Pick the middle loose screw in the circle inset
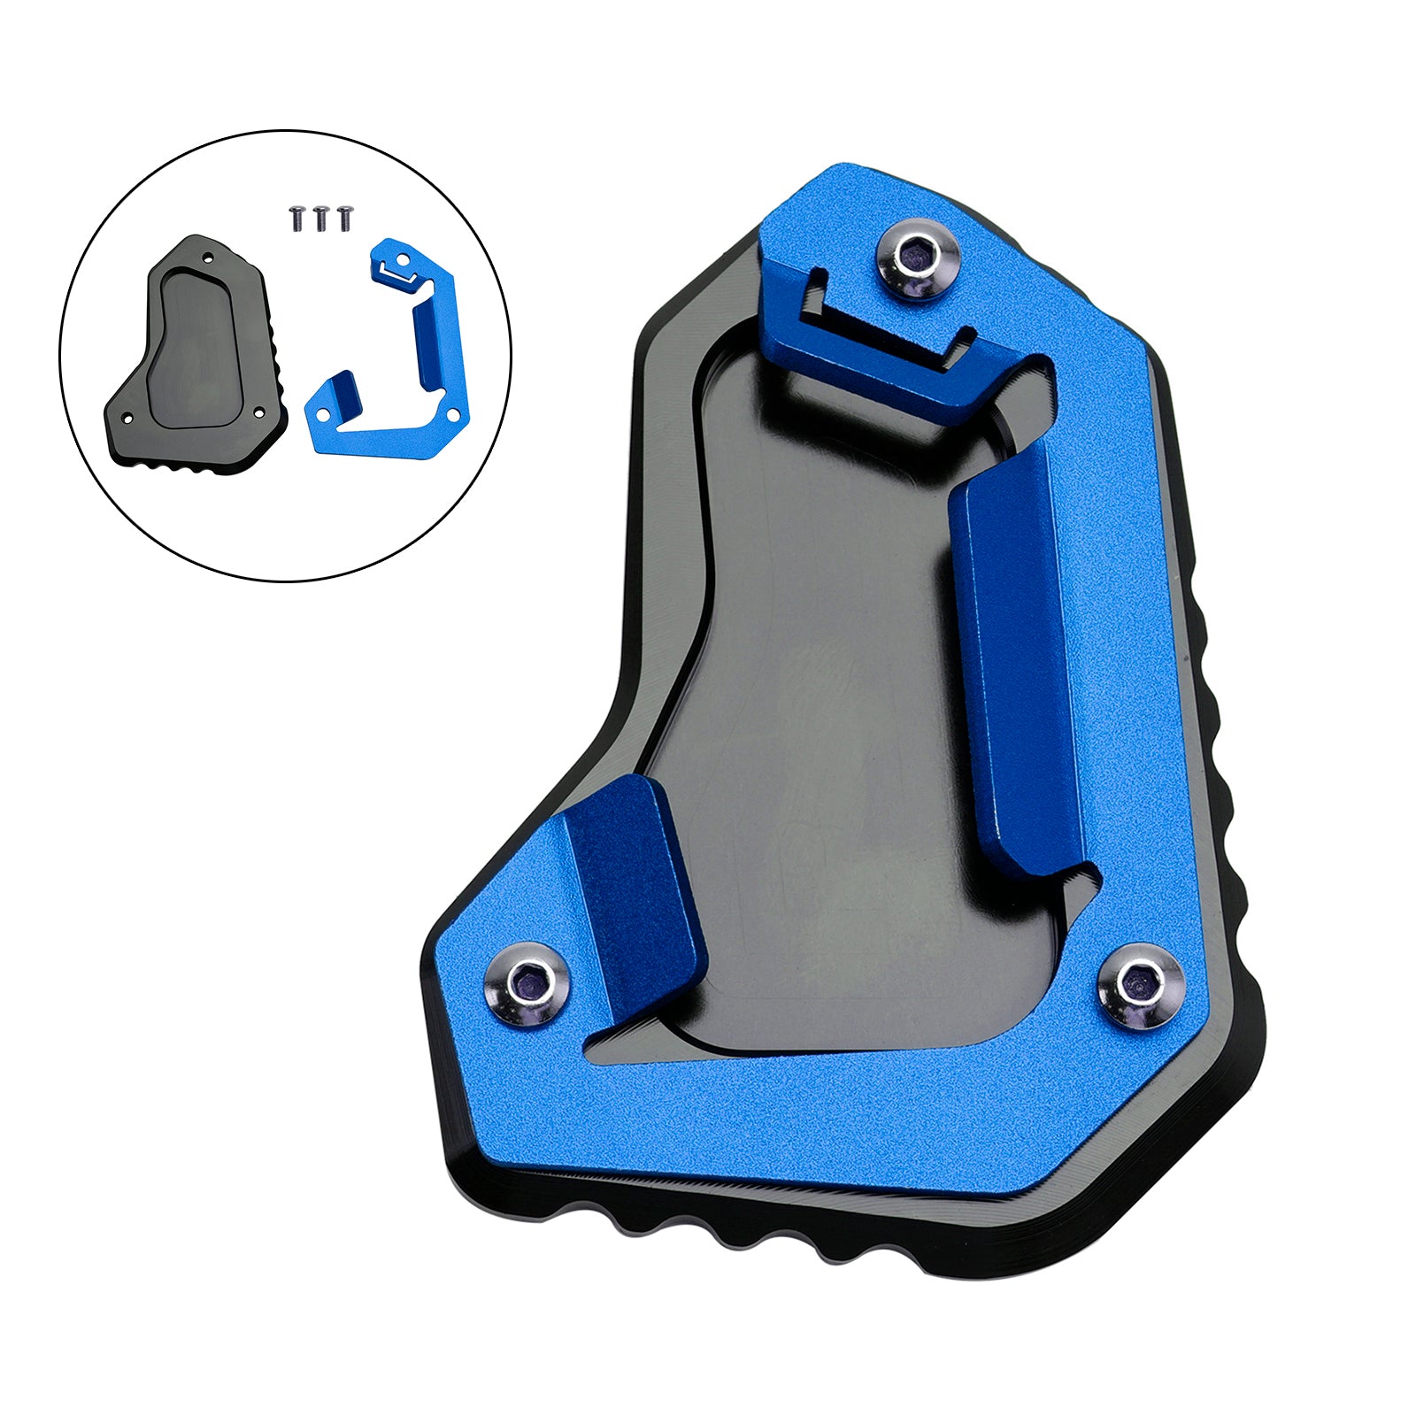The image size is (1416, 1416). pos(320,218)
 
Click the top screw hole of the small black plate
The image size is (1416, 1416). pos(208,258)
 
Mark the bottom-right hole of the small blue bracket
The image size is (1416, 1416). pos(453,414)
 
